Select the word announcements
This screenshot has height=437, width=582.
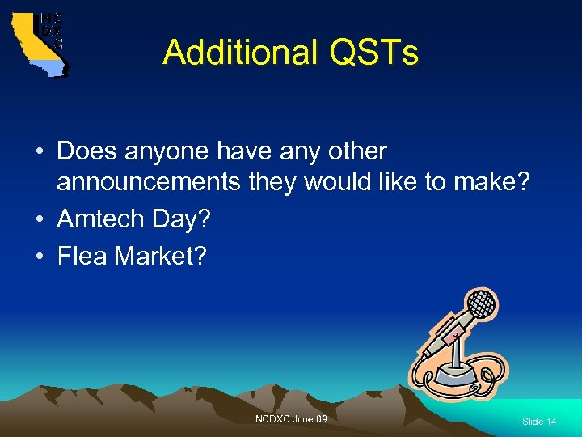click(148, 182)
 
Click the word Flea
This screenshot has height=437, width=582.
click(82, 257)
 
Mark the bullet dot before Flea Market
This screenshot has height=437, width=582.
click(40, 257)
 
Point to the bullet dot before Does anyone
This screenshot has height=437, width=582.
click(40, 152)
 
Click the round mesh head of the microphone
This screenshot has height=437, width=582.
click(482, 303)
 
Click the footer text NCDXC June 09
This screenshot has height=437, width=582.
click(291, 418)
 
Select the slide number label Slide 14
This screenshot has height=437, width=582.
click(539, 422)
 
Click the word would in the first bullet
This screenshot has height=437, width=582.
click(333, 182)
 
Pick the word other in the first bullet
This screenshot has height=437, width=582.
click(355, 151)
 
